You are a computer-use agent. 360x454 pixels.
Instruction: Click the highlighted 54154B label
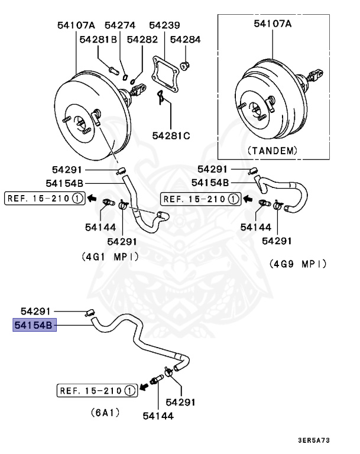[34, 325]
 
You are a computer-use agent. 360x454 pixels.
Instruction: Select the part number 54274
[120, 25]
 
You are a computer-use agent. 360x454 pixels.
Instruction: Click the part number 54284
[185, 40]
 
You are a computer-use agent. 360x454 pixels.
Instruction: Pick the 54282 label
[142, 40]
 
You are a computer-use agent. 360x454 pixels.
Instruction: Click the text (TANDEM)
[272, 150]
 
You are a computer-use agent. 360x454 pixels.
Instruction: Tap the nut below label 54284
[183, 64]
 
